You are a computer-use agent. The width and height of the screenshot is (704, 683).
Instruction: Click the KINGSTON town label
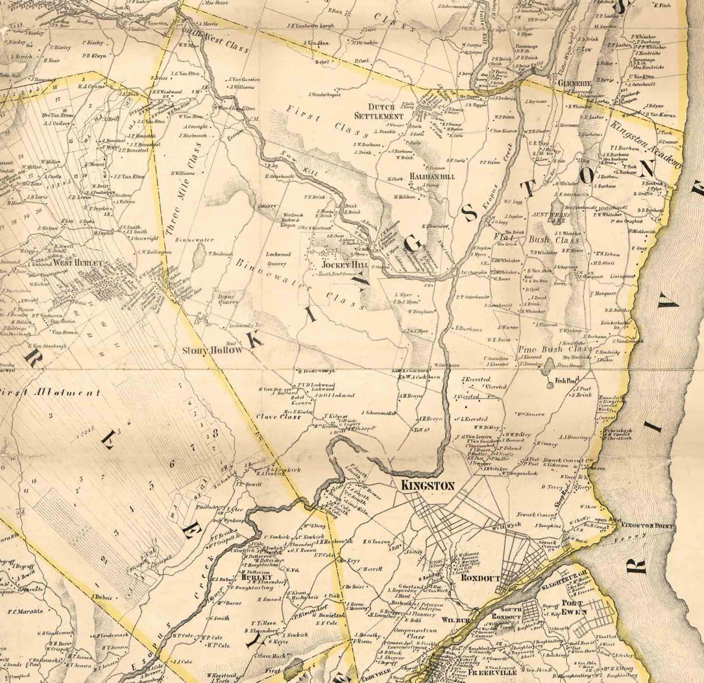coord(427,486)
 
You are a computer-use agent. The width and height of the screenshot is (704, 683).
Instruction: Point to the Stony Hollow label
coord(213,350)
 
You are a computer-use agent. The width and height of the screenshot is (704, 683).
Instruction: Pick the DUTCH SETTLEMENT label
coord(379,112)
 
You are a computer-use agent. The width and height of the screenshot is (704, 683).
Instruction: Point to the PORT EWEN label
coord(574,607)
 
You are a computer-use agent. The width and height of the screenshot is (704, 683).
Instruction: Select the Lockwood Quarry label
coord(278,259)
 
